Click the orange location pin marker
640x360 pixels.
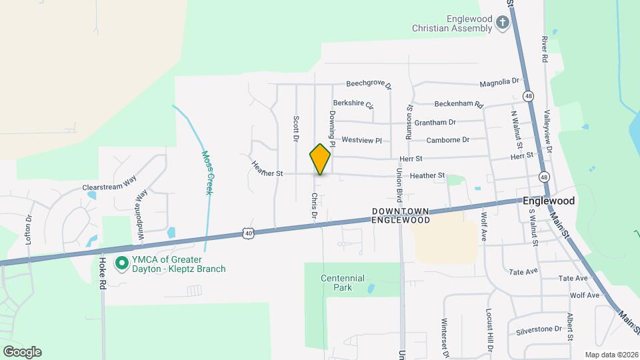click(x=320, y=159)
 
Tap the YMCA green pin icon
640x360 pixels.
click(x=121, y=264)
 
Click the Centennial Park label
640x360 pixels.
click(x=343, y=283)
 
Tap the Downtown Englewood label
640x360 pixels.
click(x=400, y=215)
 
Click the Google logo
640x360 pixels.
click(x=22, y=351)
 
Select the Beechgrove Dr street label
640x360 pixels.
click(x=369, y=85)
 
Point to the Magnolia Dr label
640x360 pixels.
click(x=499, y=82)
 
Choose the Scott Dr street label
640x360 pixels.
click(x=295, y=129)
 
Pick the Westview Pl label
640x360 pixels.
click(x=361, y=141)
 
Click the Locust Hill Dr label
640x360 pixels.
click(x=489, y=327)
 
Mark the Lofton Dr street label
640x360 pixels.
click(x=29, y=230)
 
